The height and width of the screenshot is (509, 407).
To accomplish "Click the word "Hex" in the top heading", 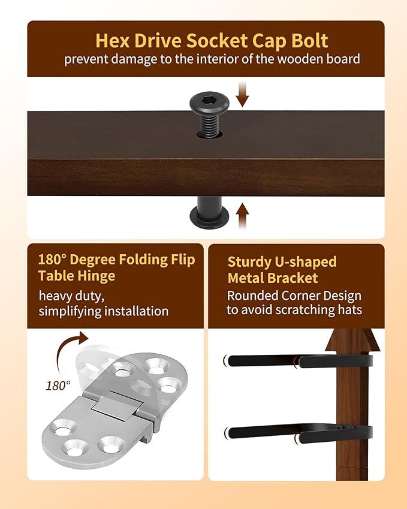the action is (x=113, y=41).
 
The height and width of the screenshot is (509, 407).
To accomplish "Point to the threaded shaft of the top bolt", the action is (x=210, y=124).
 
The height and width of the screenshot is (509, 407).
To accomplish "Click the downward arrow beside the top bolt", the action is (x=242, y=94).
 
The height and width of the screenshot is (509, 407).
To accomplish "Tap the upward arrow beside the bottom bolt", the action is (x=242, y=216).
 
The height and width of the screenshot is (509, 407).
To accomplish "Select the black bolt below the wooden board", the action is (x=209, y=213).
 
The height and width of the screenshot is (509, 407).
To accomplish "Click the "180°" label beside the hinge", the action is (x=58, y=385).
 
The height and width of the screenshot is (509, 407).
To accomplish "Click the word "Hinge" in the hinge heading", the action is (x=97, y=276).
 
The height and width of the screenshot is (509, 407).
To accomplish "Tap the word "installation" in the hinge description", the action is (x=136, y=311).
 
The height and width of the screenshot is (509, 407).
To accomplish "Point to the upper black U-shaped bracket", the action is (x=299, y=361).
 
